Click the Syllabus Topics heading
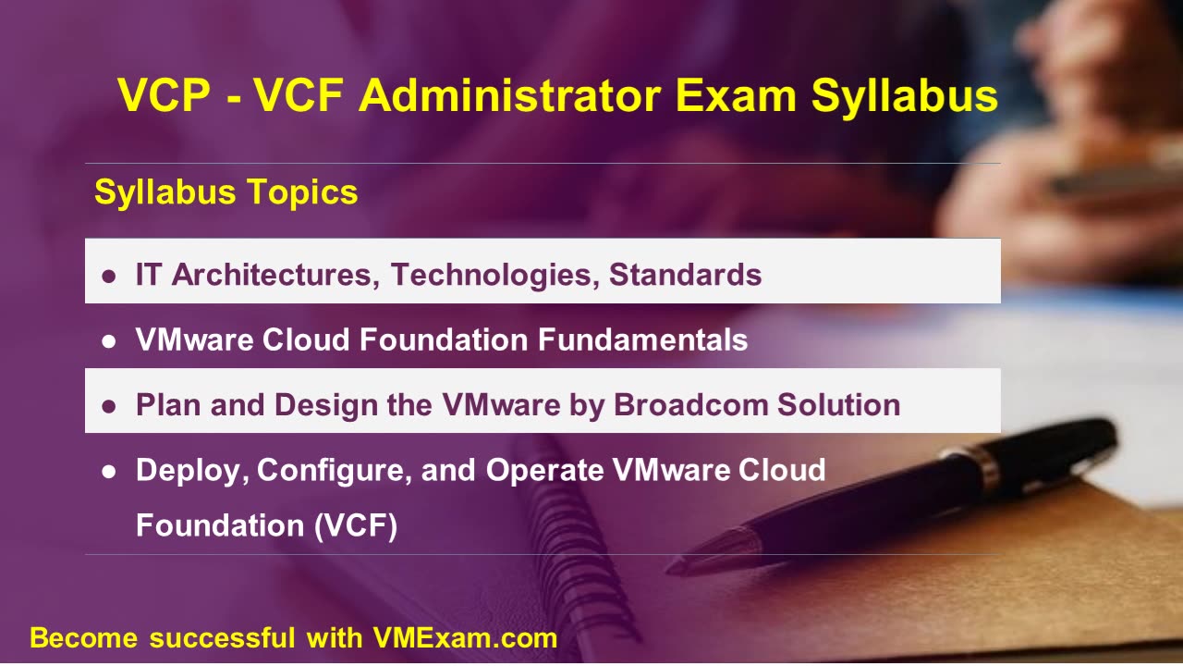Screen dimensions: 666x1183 pos(226,192)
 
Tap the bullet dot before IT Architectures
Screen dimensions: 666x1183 pos(109,276)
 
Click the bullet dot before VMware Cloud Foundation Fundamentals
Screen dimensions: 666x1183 pos(109,340)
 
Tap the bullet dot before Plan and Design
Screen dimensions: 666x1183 pos(109,405)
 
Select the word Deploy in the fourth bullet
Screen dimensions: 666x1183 pos(191,470)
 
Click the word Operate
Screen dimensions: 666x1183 pos(544,470)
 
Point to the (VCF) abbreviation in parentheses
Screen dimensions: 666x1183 pos(355,525)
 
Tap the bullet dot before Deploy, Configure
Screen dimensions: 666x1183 pos(109,471)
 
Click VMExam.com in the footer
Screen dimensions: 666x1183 pos(465,637)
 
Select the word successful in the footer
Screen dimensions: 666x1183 pos(222,637)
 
